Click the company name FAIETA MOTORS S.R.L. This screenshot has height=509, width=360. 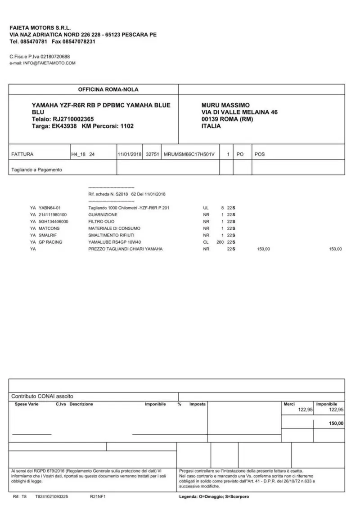click(x=40, y=27)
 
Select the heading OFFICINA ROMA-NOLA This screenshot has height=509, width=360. click(x=102, y=89)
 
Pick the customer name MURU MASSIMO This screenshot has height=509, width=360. click(x=226, y=105)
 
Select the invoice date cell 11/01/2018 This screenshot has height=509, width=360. click(x=130, y=154)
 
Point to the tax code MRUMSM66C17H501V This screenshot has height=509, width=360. click(x=190, y=154)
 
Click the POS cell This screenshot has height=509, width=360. click(x=260, y=154)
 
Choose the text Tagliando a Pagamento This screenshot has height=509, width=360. click(x=36, y=170)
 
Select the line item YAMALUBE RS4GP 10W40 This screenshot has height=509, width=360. click(x=112, y=242)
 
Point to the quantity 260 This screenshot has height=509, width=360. click(x=220, y=242)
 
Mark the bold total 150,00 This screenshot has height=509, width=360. click(x=336, y=424)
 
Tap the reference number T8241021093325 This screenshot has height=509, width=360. click(x=52, y=497)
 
